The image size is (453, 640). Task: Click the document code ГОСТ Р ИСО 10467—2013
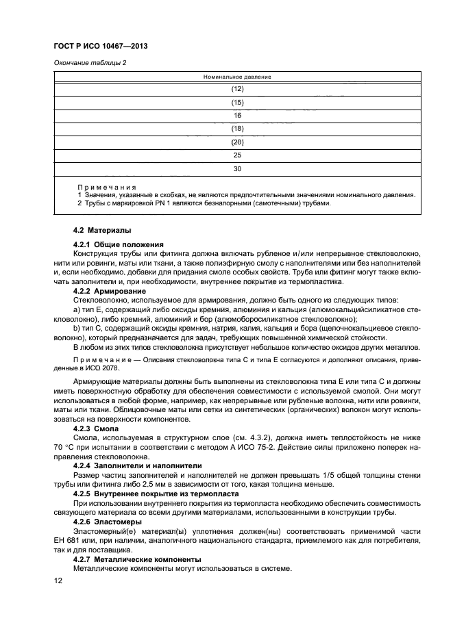[x=101, y=47]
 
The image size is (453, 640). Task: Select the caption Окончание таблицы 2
[x=90, y=64]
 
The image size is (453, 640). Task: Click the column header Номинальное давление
[x=238, y=77]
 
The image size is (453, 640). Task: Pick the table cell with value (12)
[x=238, y=90]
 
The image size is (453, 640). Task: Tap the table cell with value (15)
[x=238, y=103]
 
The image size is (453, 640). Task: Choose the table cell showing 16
[x=238, y=116]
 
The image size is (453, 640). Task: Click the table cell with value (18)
[x=238, y=129]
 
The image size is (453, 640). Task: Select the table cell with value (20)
[x=238, y=142]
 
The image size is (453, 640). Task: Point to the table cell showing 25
[x=238, y=155]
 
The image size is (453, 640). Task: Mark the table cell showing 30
[x=238, y=168]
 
